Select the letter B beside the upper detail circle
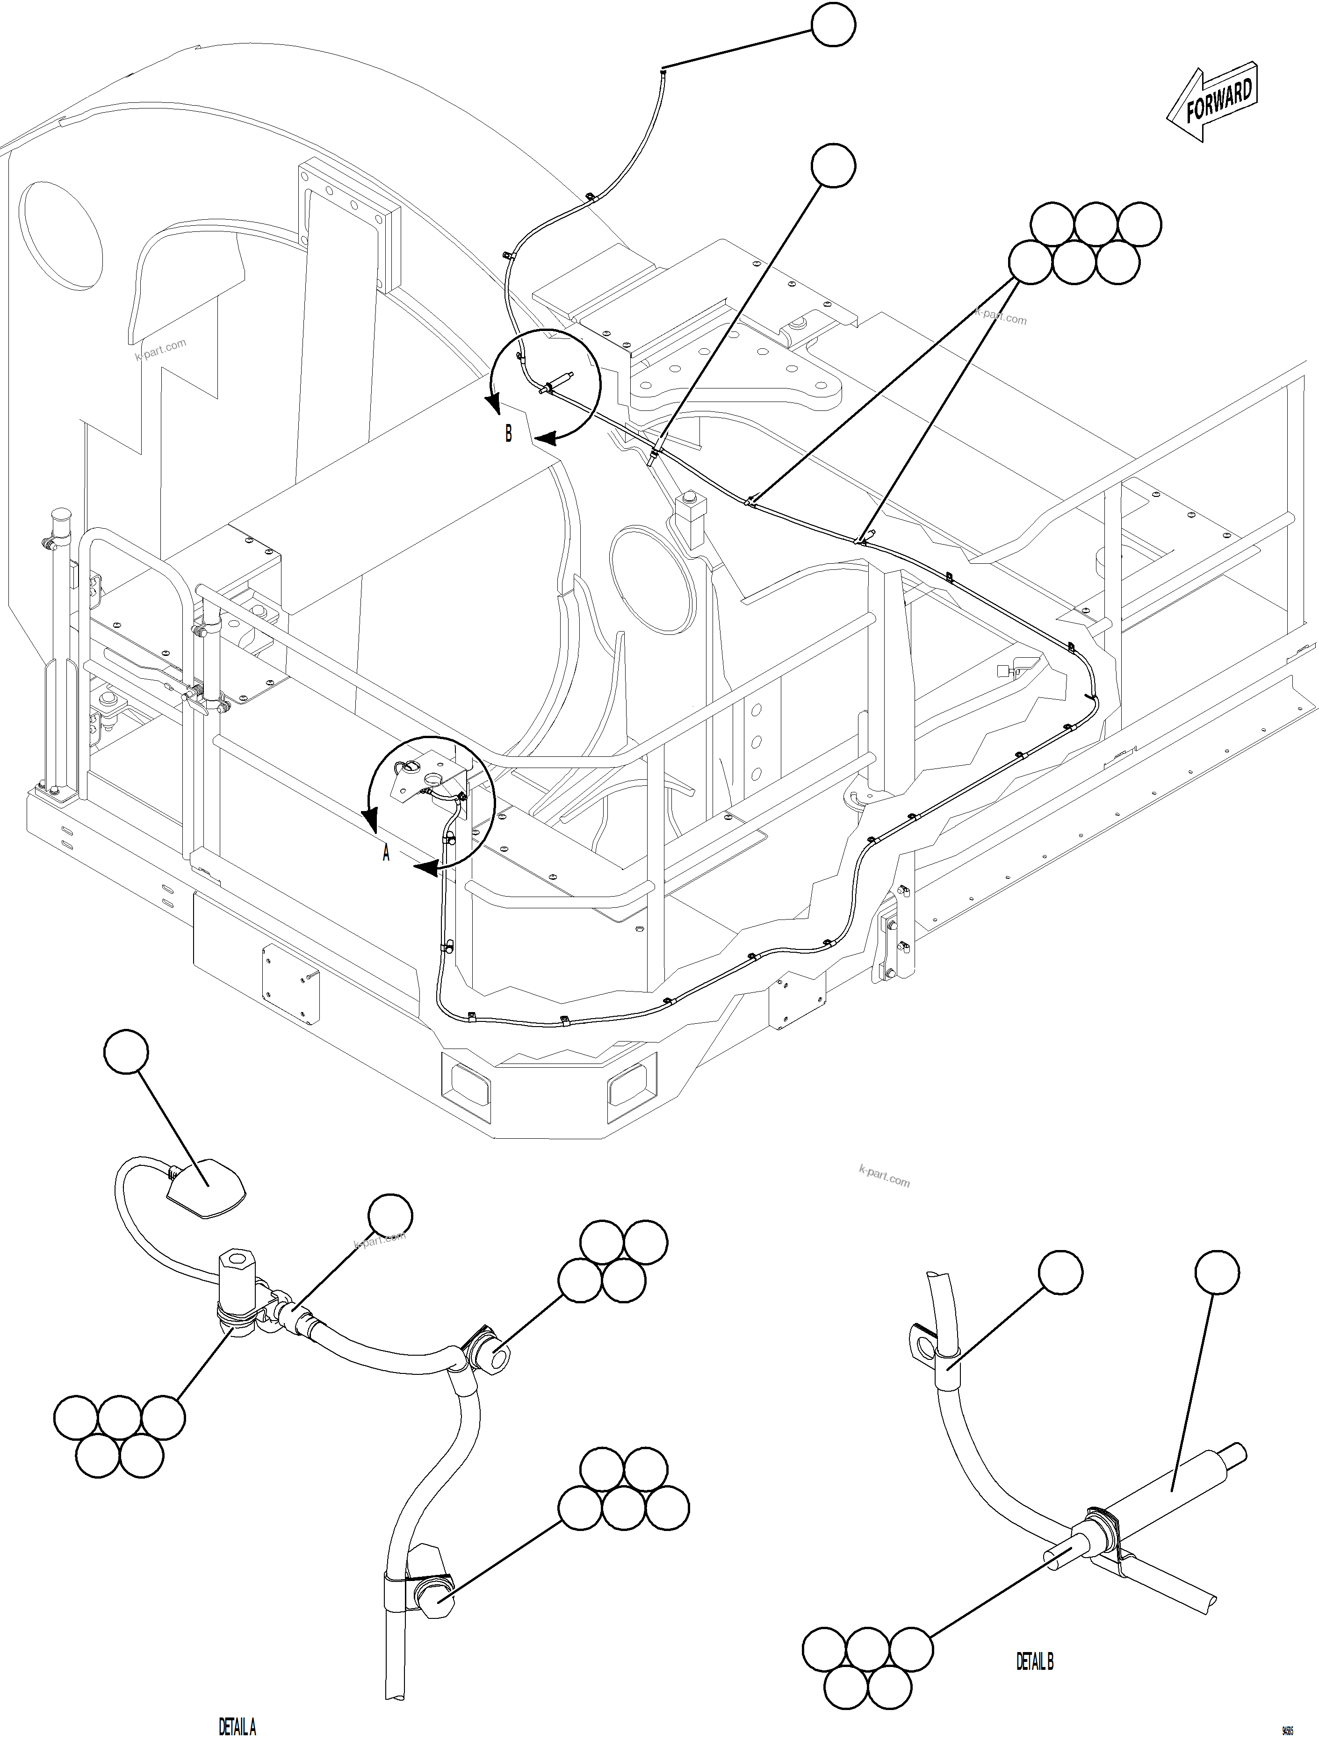[x=508, y=433]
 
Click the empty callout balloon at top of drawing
[x=833, y=25]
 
